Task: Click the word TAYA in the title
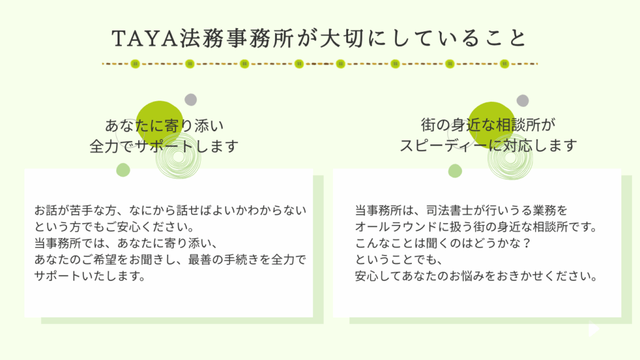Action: click(x=145, y=38)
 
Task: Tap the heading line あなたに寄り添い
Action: click(x=164, y=125)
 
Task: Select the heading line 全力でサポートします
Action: click(x=164, y=146)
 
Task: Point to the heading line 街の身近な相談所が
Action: click(x=488, y=125)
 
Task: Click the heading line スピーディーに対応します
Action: click(x=488, y=145)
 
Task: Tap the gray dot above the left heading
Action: click(x=191, y=99)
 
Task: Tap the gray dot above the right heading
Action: click(x=522, y=101)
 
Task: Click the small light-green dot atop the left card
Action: click(x=123, y=170)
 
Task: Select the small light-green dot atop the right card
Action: click(x=455, y=171)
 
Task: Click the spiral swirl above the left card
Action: click(x=178, y=156)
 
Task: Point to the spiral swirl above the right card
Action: click(x=510, y=157)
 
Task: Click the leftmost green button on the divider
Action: click(x=135, y=64)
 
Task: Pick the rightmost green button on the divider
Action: click(x=504, y=64)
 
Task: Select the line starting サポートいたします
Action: click(x=90, y=276)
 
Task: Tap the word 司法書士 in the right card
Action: click(x=449, y=211)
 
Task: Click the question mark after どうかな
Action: click(x=527, y=243)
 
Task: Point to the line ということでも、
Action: click(x=398, y=259)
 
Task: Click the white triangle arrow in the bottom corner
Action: click(x=593, y=329)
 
